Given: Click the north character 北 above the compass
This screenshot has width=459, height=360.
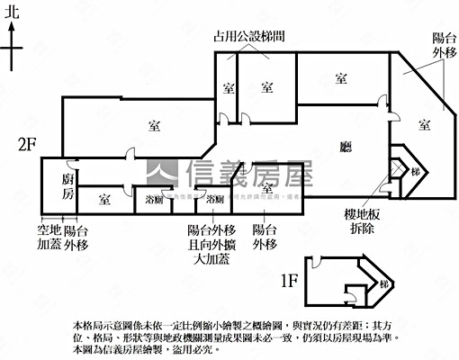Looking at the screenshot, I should click(12, 13).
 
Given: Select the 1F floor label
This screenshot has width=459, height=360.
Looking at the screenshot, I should click(288, 281).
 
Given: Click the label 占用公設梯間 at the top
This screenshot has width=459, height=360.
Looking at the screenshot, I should click(249, 37).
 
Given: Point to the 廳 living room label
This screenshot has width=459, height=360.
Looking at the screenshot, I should click(346, 147).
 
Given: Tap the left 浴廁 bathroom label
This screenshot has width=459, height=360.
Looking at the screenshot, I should click(154, 200).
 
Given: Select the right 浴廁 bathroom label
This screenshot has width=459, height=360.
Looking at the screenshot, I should click(214, 199).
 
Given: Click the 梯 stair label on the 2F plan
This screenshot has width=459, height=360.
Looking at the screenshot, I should click(415, 171).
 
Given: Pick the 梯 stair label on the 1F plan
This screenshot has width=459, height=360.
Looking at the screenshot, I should click(384, 285).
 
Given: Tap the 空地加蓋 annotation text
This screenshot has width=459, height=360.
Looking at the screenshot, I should click(49, 237).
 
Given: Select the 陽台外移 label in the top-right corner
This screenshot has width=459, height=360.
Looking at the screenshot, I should click(445, 45).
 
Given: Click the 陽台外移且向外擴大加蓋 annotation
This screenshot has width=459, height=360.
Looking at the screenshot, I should click(211, 245).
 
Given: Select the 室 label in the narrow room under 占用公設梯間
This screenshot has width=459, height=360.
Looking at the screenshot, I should click(228, 87).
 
